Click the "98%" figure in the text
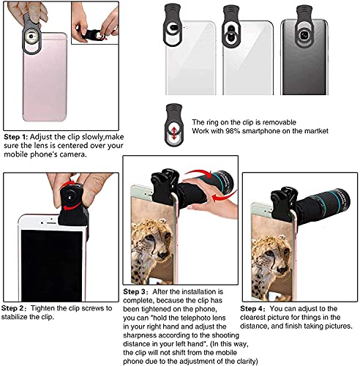(x=234, y=130)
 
